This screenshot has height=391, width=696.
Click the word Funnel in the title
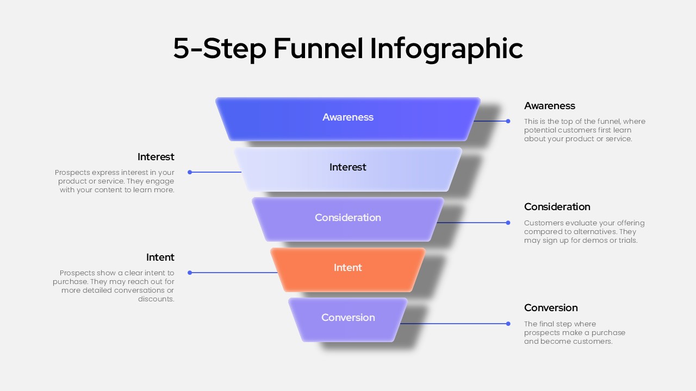[x=318, y=48]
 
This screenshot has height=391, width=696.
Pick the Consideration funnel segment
[x=348, y=218]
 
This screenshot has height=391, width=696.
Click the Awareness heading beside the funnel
[x=549, y=106]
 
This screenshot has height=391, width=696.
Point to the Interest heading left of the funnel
[x=156, y=157]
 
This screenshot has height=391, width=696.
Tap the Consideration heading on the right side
[x=557, y=207]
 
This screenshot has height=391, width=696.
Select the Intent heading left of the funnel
[x=160, y=257]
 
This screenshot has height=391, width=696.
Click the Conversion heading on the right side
[x=551, y=308]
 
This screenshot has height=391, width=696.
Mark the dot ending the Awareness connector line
[x=508, y=121]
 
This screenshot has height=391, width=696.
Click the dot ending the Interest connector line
[x=190, y=172]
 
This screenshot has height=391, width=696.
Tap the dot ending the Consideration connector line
[x=508, y=223]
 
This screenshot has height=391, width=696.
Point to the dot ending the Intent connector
[x=190, y=273]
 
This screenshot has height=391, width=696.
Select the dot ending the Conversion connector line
[x=508, y=324]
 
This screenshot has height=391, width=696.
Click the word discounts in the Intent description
[x=156, y=299]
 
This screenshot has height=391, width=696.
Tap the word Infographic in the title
[x=446, y=48]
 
